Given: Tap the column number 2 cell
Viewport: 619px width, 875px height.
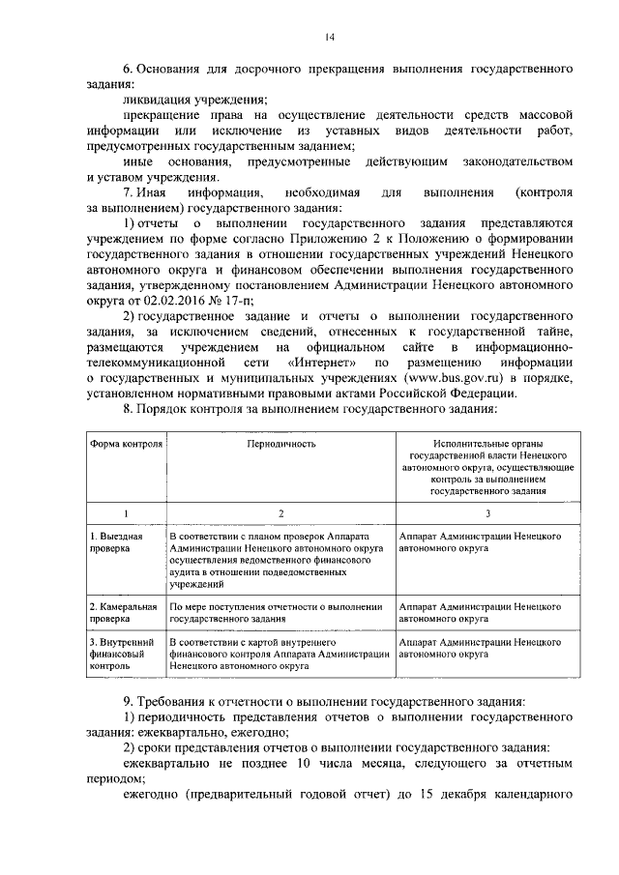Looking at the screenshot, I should pos(280,512).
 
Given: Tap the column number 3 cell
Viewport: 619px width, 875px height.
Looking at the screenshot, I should pos(487,512).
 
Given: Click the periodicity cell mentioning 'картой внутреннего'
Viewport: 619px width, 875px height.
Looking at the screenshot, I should pos(279,654).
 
